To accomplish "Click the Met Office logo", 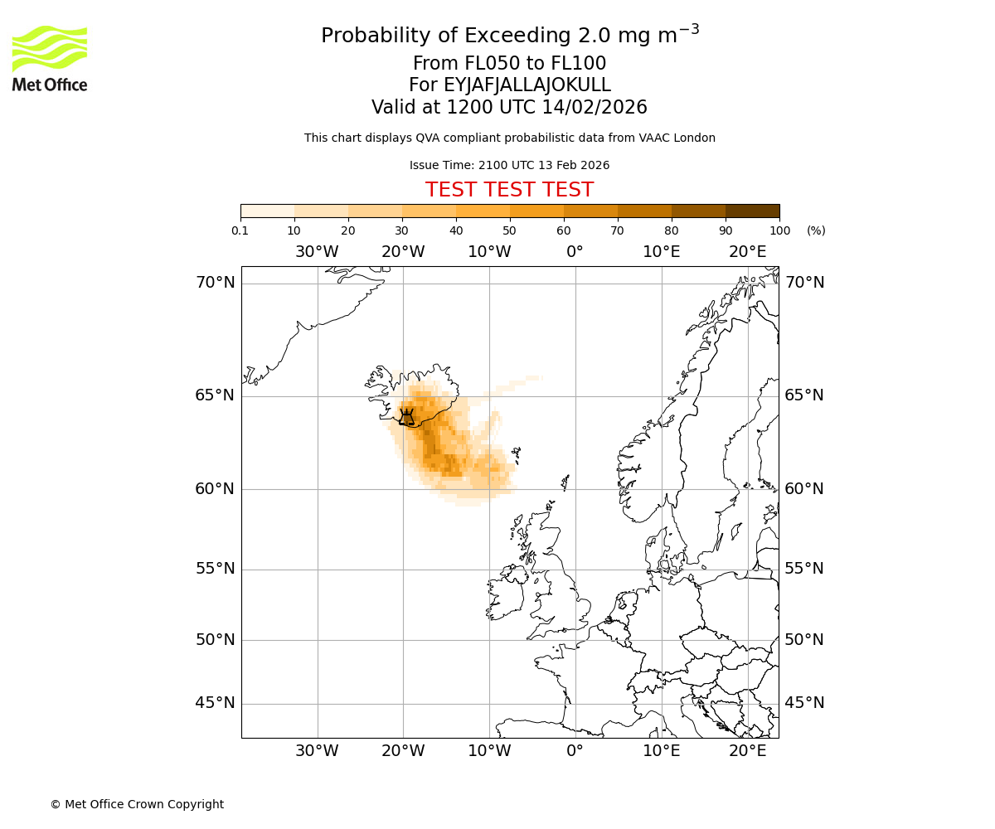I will (x=50, y=58).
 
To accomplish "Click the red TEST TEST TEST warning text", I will (x=509, y=190).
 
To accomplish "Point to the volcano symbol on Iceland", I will (x=406, y=417).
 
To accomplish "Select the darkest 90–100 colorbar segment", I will (x=752, y=211).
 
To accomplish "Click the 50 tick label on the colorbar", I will (x=509, y=230).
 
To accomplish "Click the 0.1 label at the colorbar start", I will (x=240, y=230).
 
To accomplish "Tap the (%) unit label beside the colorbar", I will (x=816, y=230).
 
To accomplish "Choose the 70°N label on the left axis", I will (x=215, y=283).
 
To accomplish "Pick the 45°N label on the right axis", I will (x=804, y=703).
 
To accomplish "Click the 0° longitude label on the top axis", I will (x=575, y=252).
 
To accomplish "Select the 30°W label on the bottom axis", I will (x=317, y=751).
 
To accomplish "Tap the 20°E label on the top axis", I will (x=747, y=252).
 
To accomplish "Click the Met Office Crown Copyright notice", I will (x=137, y=804).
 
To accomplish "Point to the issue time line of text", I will (x=509, y=165).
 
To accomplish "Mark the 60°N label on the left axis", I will (x=215, y=489).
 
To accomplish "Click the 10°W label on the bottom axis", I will (x=489, y=751).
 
